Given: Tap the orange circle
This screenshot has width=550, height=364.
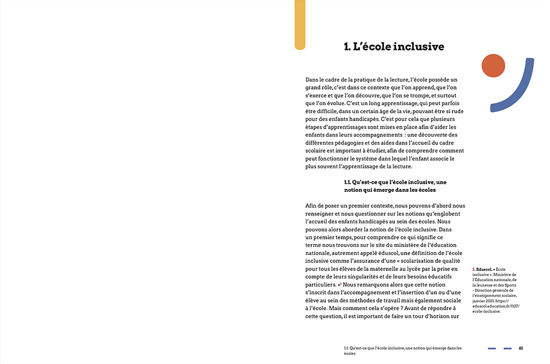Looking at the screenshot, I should click(493, 66).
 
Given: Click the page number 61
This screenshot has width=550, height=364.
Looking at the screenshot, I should click(521, 348).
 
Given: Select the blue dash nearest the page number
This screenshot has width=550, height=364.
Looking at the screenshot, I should click(508, 348).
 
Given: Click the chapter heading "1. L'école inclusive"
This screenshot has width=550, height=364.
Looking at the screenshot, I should click(394, 47).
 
